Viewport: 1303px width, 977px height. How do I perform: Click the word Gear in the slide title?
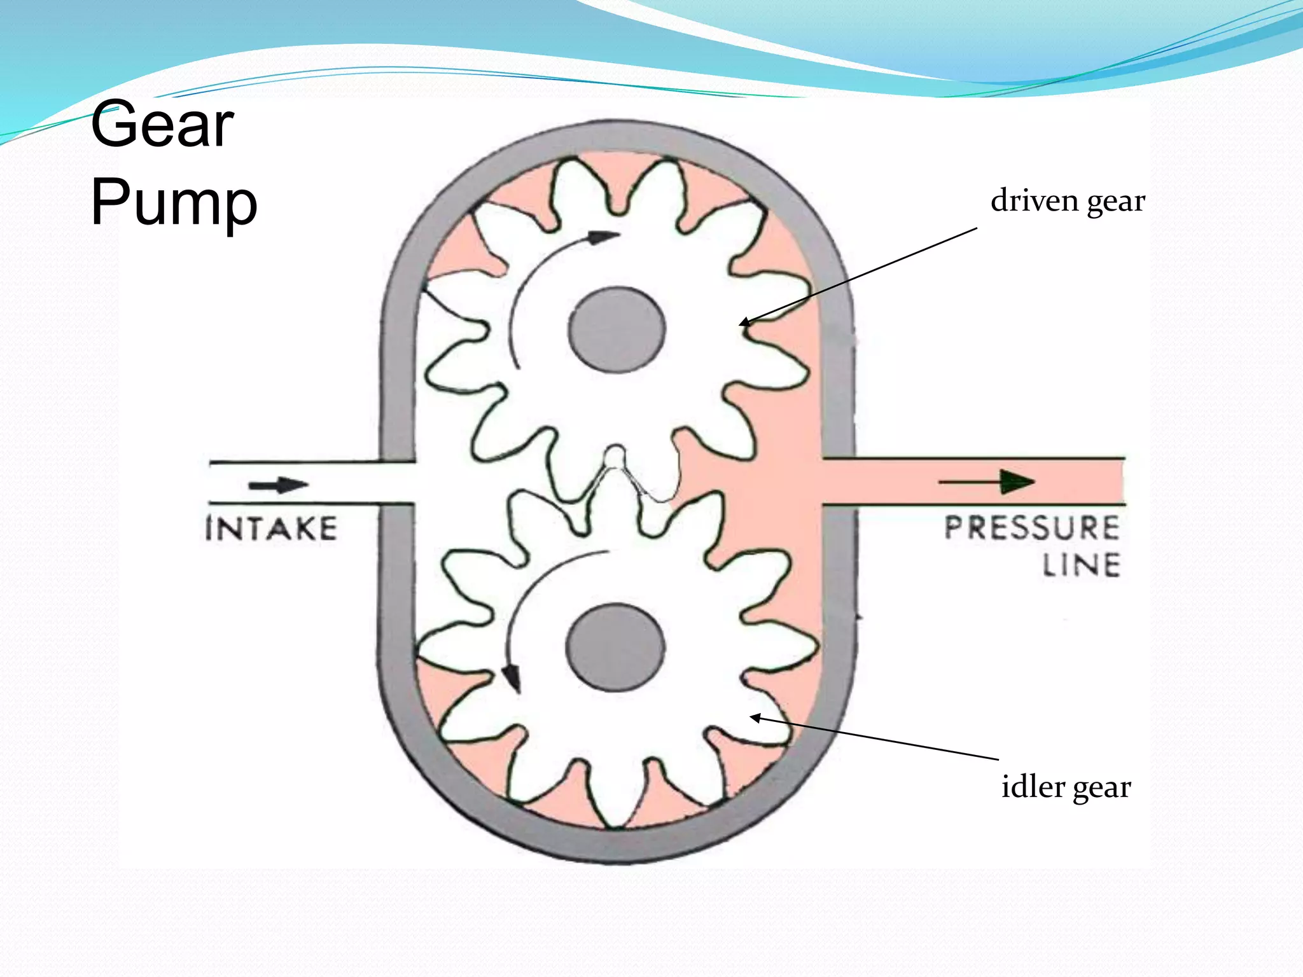tap(162, 125)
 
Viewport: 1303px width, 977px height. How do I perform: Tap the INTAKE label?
tap(272, 529)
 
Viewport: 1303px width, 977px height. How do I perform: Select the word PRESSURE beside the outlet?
tap(1031, 529)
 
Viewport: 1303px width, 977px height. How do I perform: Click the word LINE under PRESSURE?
tap(1081, 565)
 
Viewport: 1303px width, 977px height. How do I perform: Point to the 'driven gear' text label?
tap(1068, 201)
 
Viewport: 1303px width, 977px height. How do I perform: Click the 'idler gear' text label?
tap(1066, 787)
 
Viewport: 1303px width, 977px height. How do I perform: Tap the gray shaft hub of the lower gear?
tap(615, 648)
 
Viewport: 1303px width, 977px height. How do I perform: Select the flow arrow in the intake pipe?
tap(278, 485)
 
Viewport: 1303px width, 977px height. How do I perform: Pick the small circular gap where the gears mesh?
tap(615, 455)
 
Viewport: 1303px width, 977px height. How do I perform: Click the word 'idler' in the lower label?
tap(1033, 786)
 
